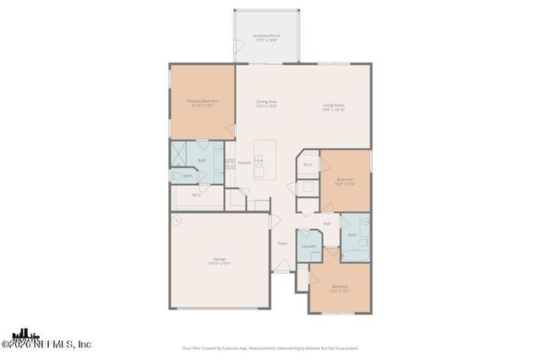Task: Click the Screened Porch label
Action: pos(266,37)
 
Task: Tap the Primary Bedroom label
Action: pos(201,103)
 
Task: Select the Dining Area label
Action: pos(267,104)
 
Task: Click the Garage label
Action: pos(219,261)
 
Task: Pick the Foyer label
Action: pos(282,243)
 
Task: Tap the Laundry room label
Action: pos(309,247)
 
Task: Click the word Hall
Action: pos(326,223)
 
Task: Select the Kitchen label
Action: pos(243,162)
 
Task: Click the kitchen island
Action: pos(260,160)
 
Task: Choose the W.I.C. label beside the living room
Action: pos(309,164)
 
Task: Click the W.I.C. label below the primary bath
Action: pos(196,194)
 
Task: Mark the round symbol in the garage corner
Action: pos(177,221)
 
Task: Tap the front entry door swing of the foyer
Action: pos(281,268)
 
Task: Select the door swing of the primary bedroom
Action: pos(230,129)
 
